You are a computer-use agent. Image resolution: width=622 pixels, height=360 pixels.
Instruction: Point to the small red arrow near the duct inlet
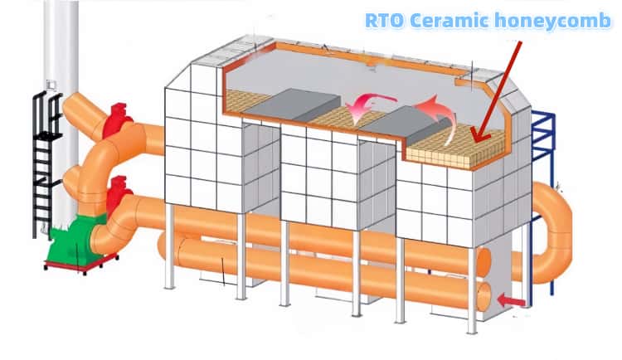[512, 300]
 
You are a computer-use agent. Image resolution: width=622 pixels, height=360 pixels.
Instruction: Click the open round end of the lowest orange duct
[484, 295]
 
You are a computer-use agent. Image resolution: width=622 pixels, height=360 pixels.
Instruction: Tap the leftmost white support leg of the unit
[169, 246]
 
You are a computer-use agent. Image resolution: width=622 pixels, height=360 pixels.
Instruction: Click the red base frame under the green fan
[81, 266]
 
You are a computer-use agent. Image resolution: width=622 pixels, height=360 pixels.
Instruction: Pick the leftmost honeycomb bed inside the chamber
[243, 101]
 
